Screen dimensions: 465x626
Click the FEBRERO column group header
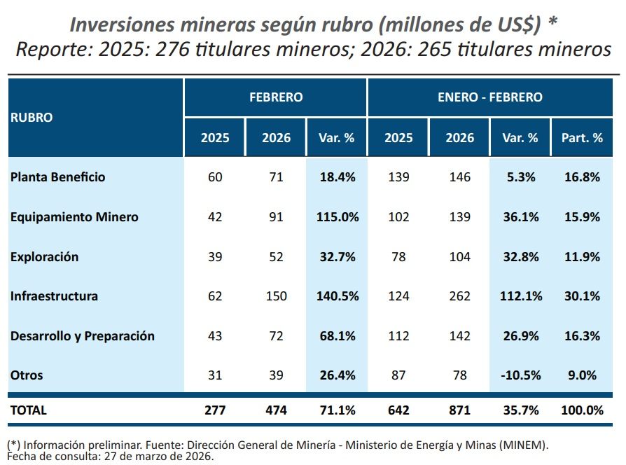pyautogui.click(x=276, y=97)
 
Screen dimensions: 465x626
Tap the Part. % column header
pyautogui.click(x=582, y=138)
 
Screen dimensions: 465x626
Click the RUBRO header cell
pyautogui.click(x=32, y=118)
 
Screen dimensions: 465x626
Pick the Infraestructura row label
pyautogui.click(x=54, y=296)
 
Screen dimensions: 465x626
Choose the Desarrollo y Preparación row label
pyautogui.click(x=83, y=336)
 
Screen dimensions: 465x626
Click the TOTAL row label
pyautogui.click(x=29, y=410)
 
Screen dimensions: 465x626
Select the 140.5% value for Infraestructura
pyautogui.click(x=337, y=296)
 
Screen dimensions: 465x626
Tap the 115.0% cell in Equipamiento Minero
pyautogui.click(x=337, y=217)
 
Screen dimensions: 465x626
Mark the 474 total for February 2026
pyautogui.click(x=277, y=410)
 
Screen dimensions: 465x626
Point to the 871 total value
pyautogui.click(x=459, y=410)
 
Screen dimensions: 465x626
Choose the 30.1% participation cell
pyautogui.click(x=582, y=296)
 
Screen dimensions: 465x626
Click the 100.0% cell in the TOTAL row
pyautogui.click(x=582, y=410)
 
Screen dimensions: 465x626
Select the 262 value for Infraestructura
pyautogui.click(x=459, y=296)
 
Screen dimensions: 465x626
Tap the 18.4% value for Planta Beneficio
pyautogui.click(x=337, y=177)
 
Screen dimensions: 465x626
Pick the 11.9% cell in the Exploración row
pyautogui.click(x=582, y=257)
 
